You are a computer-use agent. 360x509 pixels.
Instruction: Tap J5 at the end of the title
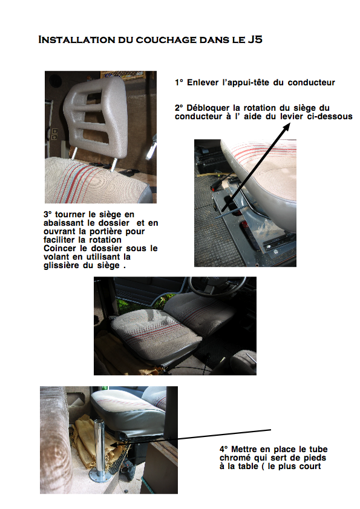pyautogui.click(x=255, y=39)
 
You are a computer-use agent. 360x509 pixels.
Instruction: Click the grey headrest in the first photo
pyautogui.click(x=95, y=117)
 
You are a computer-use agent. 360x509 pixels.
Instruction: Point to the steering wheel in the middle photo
pyautogui.click(x=217, y=285)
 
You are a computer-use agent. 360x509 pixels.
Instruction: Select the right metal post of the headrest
pyautogui.click(x=114, y=164)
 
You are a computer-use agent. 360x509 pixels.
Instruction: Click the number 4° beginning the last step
pyautogui.click(x=224, y=449)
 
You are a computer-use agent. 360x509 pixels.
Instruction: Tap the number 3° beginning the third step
pyautogui.click(x=48, y=214)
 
